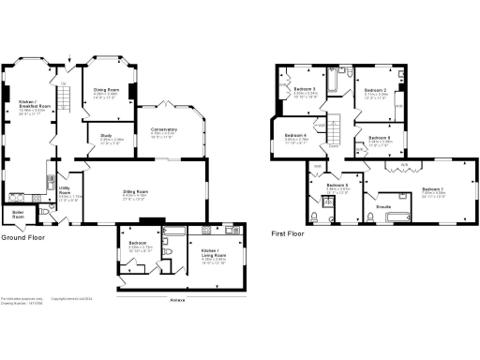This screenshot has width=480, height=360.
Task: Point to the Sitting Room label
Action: pos(137,195)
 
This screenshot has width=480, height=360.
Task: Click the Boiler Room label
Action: pos(17,214)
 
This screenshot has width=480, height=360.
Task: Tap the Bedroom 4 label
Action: pos(294,136)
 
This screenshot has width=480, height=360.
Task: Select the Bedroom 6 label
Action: pos(337,185)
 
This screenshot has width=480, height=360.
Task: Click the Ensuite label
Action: pos(383,204)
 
